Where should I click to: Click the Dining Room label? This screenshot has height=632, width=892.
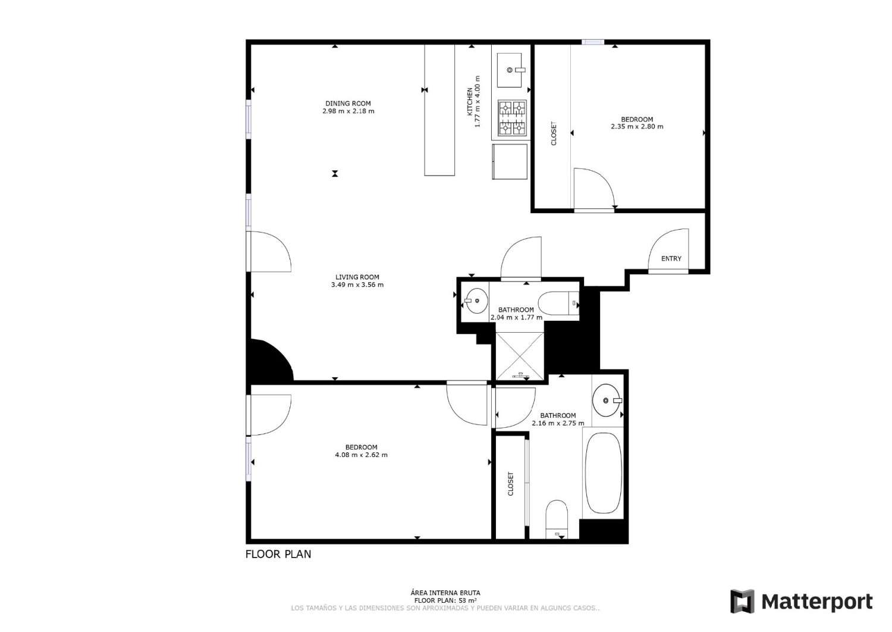click(348, 104)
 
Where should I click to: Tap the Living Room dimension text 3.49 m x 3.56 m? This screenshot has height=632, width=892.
click(357, 285)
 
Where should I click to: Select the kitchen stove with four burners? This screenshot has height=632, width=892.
click(512, 117)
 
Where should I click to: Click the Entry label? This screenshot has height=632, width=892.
click(671, 258)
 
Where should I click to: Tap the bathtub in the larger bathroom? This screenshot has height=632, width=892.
click(603, 473)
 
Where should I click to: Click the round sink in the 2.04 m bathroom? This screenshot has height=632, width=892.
click(476, 301)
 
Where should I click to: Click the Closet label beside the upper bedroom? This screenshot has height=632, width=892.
click(554, 134)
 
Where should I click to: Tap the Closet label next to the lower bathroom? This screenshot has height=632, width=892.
click(510, 484)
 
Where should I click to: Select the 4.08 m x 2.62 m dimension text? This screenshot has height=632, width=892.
click(361, 455)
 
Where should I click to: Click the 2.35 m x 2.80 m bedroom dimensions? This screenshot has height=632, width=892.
click(637, 127)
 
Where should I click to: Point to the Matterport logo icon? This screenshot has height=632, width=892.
click(742, 602)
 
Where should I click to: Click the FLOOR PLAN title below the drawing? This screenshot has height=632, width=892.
click(278, 554)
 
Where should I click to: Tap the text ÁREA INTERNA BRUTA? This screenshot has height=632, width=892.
click(445, 593)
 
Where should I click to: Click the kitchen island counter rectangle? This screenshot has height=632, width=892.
click(439, 110)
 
